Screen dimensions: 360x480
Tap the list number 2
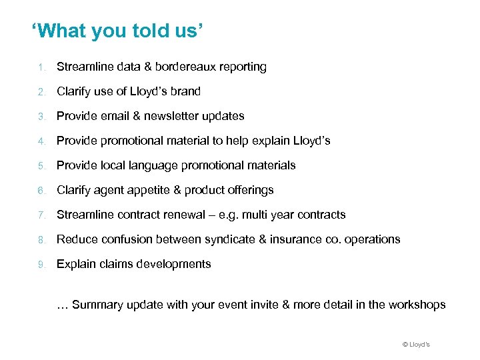41,91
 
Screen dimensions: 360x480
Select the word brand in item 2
186,91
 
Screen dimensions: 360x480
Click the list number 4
41,141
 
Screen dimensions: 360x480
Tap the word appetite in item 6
148,190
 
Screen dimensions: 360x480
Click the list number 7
41,215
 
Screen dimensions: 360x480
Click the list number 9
41,264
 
